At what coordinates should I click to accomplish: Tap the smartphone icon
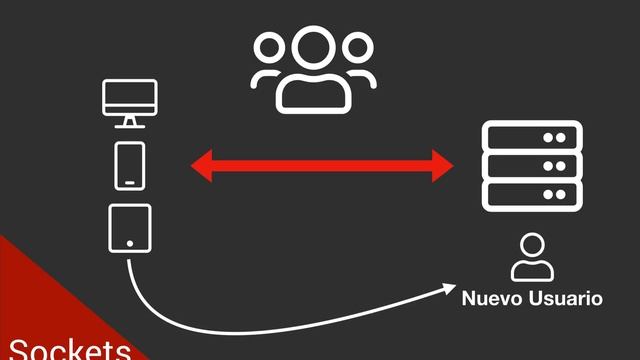(x=130, y=165)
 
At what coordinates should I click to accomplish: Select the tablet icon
(x=130, y=227)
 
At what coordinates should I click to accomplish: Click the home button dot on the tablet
(x=130, y=243)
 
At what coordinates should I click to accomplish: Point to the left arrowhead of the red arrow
(x=200, y=166)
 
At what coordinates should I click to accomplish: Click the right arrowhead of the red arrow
(x=444, y=166)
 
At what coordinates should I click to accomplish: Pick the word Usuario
(x=567, y=298)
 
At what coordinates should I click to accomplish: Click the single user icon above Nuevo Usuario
(x=531, y=257)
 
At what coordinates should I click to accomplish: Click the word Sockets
(x=66, y=349)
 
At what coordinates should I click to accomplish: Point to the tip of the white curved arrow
(x=452, y=288)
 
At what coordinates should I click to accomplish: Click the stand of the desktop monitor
(x=130, y=122)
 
